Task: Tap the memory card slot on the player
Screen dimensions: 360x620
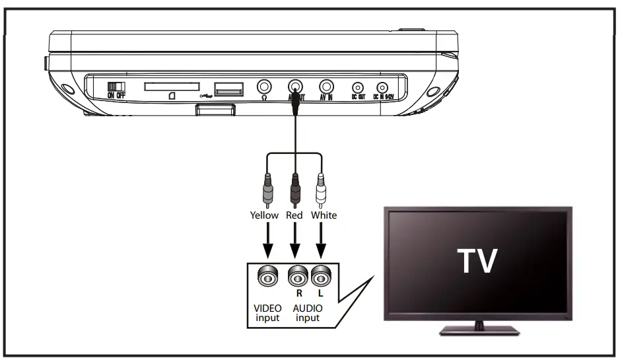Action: [x=172, y=87]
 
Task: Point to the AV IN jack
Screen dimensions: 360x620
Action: [x=326, y=87]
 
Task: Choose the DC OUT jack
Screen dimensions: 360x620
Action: [x=358, y=87]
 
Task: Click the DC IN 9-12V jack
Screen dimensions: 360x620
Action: [x=382, y=87]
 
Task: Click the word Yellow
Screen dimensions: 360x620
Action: [x=265, y=215]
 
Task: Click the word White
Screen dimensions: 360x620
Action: [x=323, y=215]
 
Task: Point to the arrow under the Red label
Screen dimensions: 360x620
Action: [x=295, y=241]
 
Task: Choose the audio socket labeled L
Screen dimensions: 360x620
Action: [x=321, y=277]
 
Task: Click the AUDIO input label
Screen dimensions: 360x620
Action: [x=308, y=313]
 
